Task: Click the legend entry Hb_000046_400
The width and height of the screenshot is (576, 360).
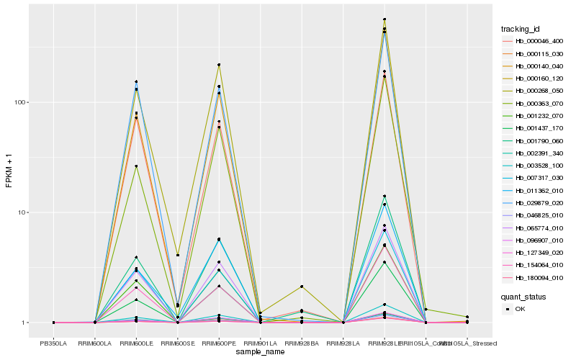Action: pyautogui.click(x=534, y=41)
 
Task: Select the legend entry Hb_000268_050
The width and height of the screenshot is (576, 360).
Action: pyautogui.click(x=534, y=91)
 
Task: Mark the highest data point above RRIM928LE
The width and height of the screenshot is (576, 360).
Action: pyautogui.click(x=384, y=19)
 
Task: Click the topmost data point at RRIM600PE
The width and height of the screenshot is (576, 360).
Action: pyautogui.click(x=219, y=65)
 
